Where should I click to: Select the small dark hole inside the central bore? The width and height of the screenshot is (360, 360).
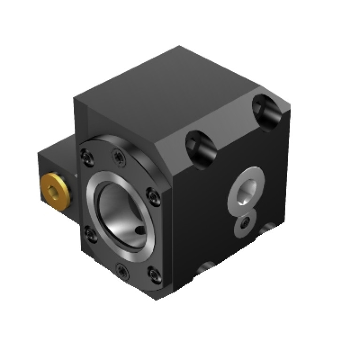139,231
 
